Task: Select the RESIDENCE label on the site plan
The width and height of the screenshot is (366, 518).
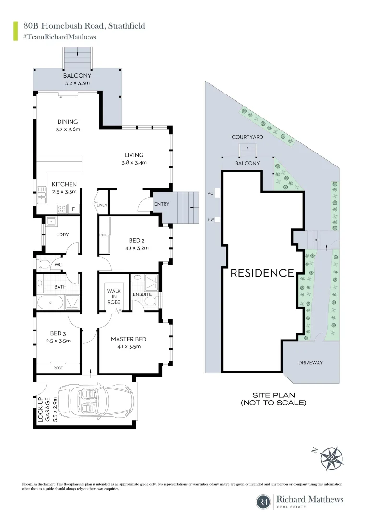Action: [x=262, y=273]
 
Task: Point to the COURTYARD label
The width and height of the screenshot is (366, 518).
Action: [x=247, y=137]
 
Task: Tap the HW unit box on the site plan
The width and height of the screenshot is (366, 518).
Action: [x=217, y=220]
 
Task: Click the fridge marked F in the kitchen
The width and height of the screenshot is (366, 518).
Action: [x=73, y=209]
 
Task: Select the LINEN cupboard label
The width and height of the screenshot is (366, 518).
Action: [x=102, y=205]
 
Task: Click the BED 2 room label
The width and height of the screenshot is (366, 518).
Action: [x=135, y=240]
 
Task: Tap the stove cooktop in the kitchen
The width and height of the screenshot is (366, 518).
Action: [x=62, y=209]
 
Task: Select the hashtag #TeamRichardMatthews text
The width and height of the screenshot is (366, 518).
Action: [x=59, y=37]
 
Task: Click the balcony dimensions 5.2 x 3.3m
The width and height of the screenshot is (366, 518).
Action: [x=77, y=83]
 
